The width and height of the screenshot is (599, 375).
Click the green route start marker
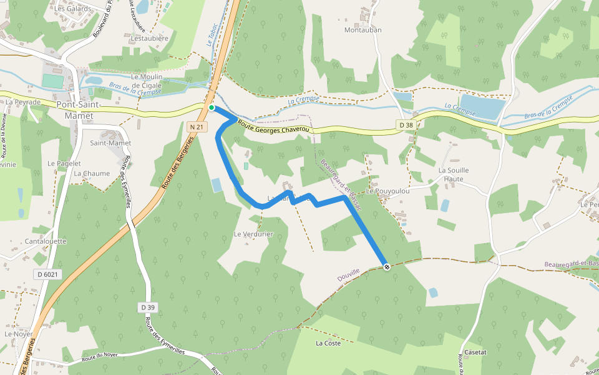click(x=212, y=108)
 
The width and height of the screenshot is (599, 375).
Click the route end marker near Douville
click(x=387, y=267)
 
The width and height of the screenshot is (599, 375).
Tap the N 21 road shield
click(x=197, y=127)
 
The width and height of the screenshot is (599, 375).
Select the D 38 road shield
click(x=406, y=125)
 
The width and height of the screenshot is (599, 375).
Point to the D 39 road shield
click(x=148, y=307)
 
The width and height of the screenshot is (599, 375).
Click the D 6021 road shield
click(x=47, y=274)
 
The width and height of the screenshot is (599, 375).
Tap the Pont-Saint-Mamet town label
click(x=75, y=110)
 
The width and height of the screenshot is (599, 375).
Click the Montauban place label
click(x=363, y=29)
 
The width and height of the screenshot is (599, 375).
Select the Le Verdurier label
click(x=253, y=234)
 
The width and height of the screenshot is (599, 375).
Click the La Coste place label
click(x=328, y=343)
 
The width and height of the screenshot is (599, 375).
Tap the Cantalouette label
click(x=46, y=241)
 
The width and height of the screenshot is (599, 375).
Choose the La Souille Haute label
click(x=454, y=174)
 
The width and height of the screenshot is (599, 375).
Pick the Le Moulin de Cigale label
click(x=147, y=81)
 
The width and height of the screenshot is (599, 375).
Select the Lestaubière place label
click(x=150, y=38)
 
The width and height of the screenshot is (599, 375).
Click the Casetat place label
click(x=475, y=352)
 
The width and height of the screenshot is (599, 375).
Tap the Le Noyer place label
click(x=18, y=334)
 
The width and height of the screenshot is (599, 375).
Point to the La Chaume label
click(x=92, y=174)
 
